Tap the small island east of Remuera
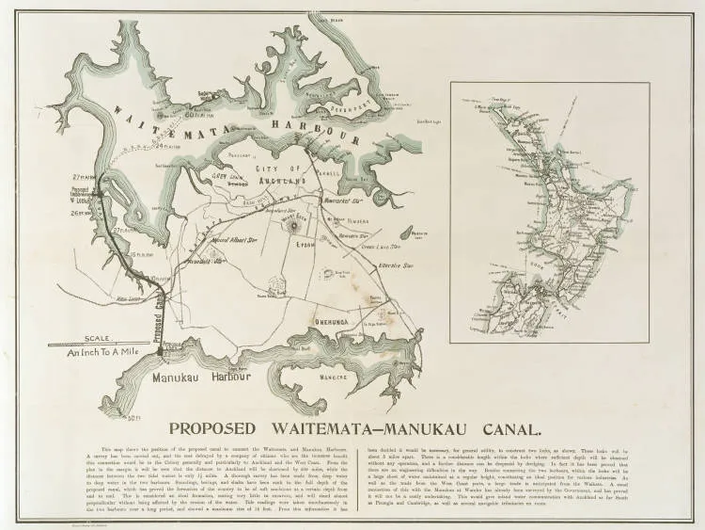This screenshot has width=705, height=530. click(405, 232)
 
